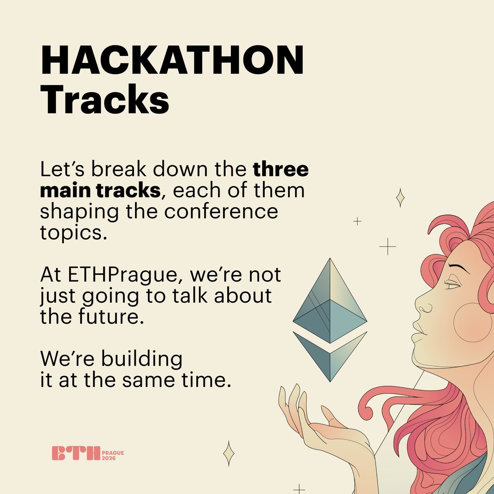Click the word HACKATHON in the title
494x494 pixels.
pyautogui.click(x=172, y=61)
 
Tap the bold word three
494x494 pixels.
pyautogui.click(x=280, y=170)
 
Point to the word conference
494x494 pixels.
pyautogui.click(x=221, y=212)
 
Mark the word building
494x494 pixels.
pyautogui.click(x=142, y=359)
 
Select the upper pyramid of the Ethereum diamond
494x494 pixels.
pyautogui.click(x=330, y=301)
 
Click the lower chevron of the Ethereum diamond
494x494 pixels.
pyautogui.click(x=330, y=354)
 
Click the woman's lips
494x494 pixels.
pyautogui.click(x=418, y=331)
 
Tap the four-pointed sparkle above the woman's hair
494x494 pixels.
pyautogui.click(x=399, y=198)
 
